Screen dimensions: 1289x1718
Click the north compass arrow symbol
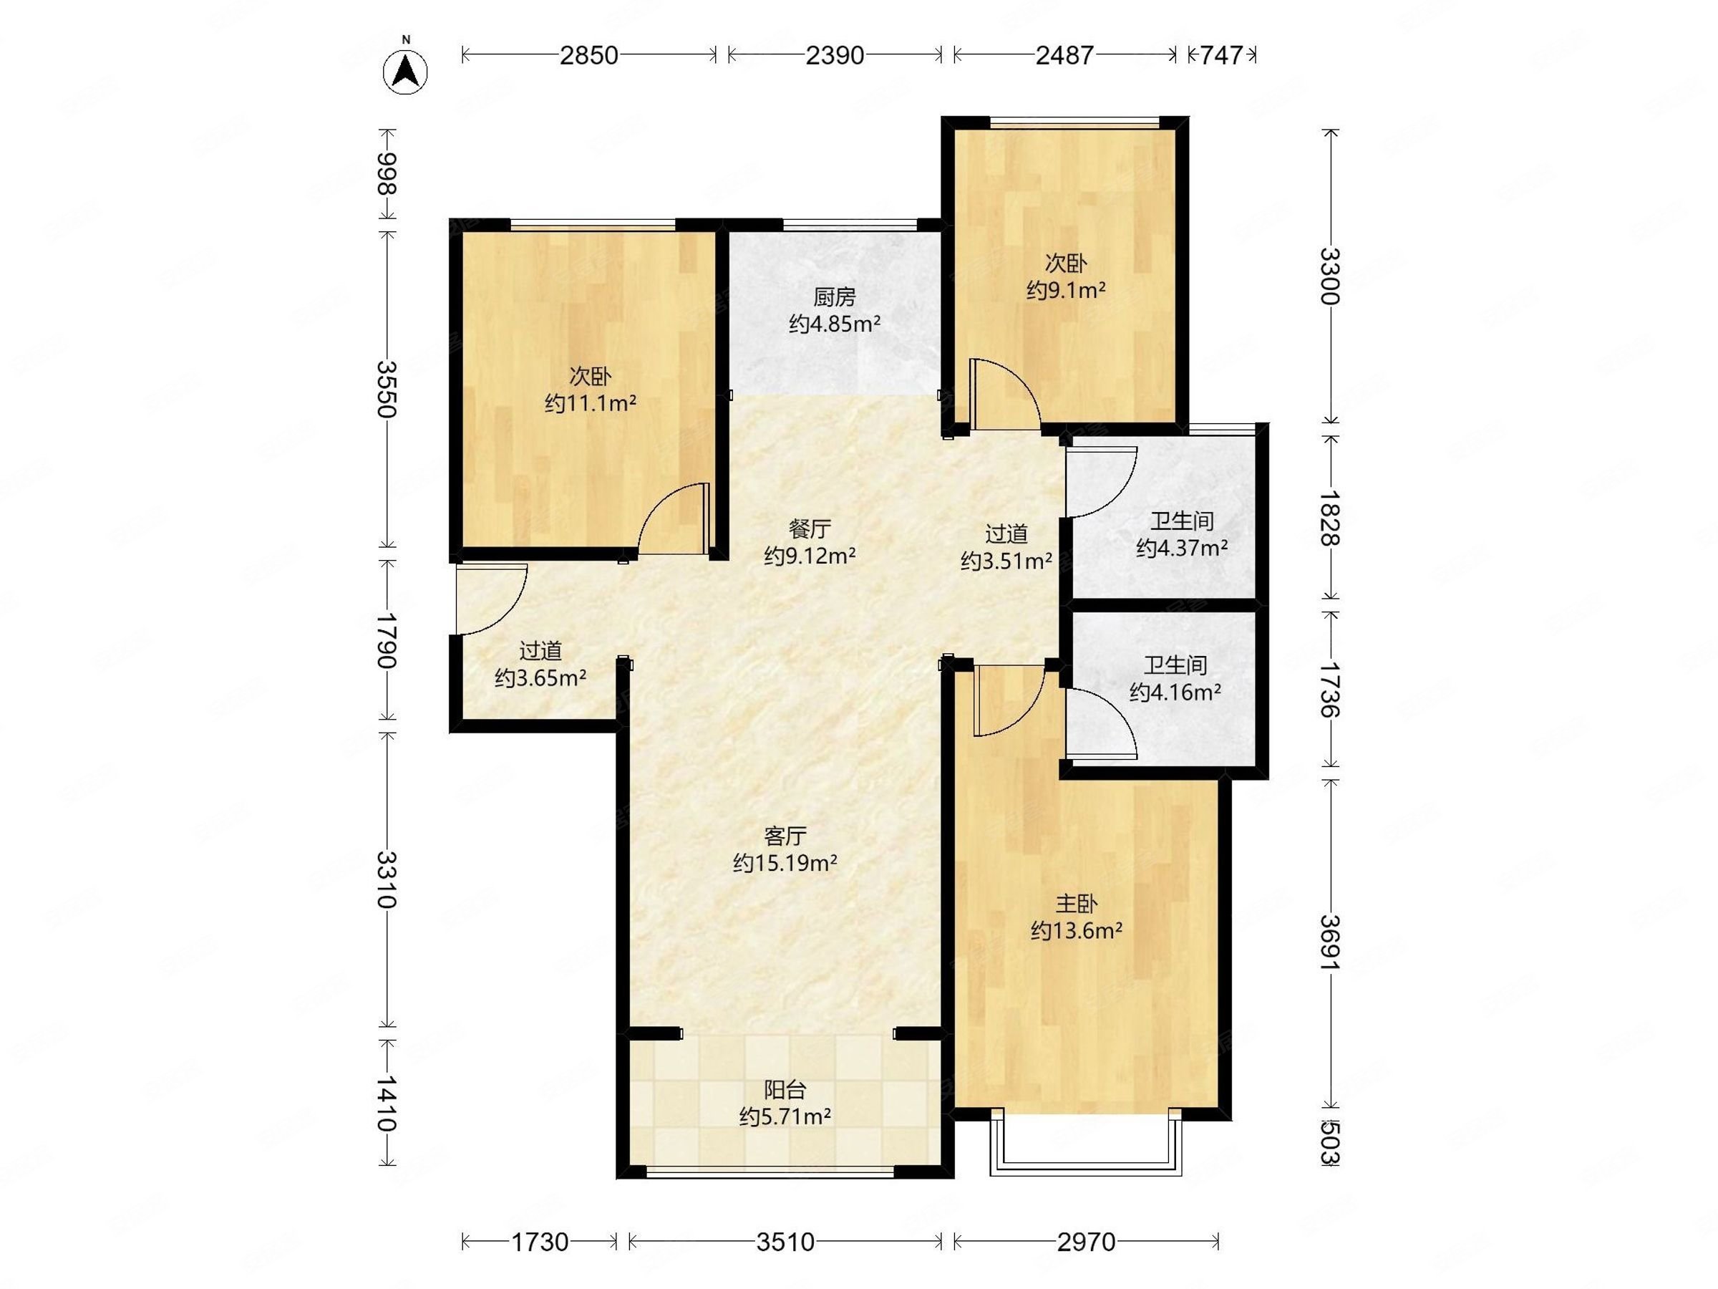tap(404, 72)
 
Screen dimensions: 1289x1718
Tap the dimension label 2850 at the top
tap(588, 55)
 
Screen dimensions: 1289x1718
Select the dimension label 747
tap(1221, 55)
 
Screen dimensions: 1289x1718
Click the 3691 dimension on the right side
tap(1330, 942)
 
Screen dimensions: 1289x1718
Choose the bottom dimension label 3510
tap(785, 1242)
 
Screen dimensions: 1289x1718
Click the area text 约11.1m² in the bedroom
tap(591, 403)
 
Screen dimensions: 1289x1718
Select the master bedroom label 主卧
tap(1076, 904)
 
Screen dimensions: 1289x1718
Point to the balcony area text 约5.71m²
tap(785, 1117)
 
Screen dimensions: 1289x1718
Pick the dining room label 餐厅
tap(810, 529)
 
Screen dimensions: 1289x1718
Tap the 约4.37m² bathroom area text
tap(1181, 549)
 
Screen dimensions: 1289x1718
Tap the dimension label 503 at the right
tap(1330, 1142)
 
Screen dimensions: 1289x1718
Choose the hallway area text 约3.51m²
tap(1006, 561)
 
